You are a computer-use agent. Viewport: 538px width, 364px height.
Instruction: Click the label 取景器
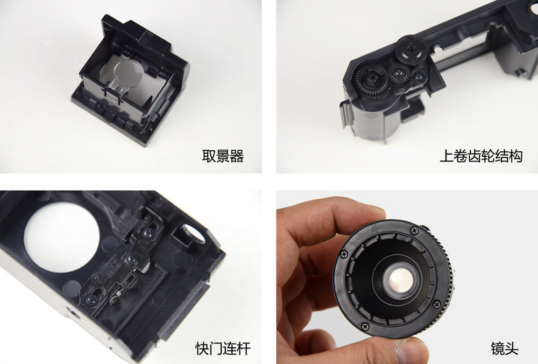coord(223,156)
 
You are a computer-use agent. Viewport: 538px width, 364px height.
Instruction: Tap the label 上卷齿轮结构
coord(481,156)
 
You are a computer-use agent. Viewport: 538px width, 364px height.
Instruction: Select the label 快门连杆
coord(223,348)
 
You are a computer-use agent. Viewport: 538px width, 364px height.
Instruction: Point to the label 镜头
coord(505,348)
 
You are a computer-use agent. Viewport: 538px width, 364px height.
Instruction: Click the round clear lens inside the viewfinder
coord(129,74)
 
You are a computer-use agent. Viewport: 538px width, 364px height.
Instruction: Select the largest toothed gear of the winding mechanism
coord(372,82)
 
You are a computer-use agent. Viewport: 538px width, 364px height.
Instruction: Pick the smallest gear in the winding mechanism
coord(419,75)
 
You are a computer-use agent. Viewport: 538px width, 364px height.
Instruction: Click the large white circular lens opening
coord(62,237)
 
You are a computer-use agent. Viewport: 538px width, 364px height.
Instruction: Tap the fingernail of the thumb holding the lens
coord(412,352)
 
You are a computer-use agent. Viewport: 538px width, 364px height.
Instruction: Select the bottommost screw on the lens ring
coord(365,326)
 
